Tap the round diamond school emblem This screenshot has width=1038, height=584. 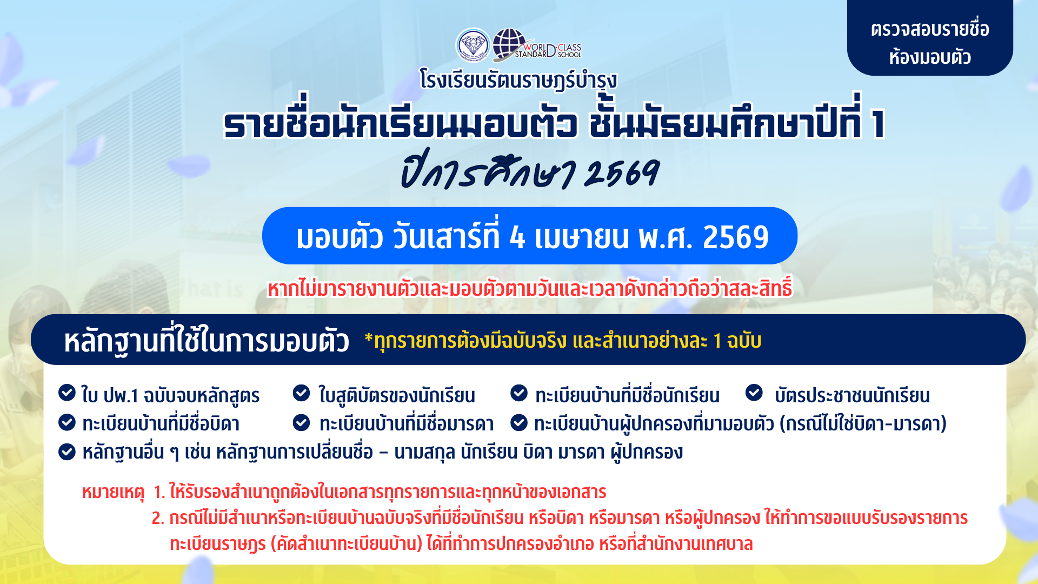pos(473,45)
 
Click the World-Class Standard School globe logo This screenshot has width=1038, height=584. pos(536,45)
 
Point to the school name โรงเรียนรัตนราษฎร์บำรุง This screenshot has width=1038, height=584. pos(518,81)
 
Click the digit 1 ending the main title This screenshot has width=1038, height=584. pos(877,123)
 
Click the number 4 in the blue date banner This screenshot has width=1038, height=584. pos(517,237)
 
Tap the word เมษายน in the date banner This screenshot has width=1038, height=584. pos(582,237)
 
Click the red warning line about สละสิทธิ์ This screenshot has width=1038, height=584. pos(530,288)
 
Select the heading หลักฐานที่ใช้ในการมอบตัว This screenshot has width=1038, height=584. pos(207,341)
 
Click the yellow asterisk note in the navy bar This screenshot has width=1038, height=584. pos(563,341)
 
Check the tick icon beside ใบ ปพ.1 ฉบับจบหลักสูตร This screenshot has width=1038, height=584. pos(67,393)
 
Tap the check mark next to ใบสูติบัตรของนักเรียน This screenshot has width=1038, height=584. pos(301,393)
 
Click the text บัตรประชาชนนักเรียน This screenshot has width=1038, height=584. pos(852,396)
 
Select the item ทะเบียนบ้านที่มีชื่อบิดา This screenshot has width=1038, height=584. pos(161,423)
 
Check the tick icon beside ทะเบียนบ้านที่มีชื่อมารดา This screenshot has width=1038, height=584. pos(301,422)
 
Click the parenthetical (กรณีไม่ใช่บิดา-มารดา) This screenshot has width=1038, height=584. pos(863,423)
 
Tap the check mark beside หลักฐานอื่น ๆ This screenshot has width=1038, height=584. pos(67,452)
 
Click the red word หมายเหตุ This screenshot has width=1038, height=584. pos(113,492)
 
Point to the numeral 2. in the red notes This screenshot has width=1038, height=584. pos(158,518)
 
